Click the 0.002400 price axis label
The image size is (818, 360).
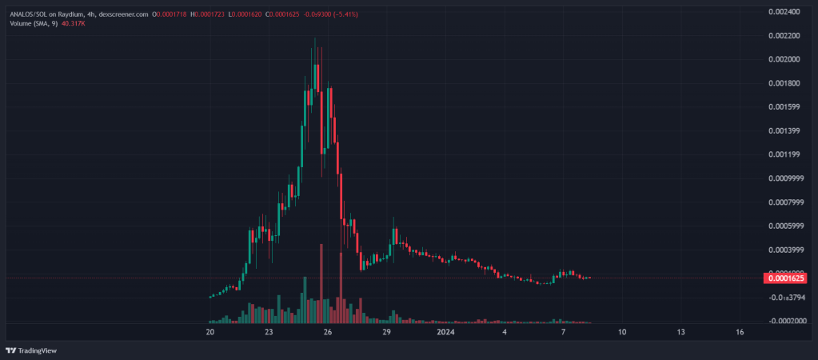tap(784, 11)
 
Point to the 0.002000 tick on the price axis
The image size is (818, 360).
tap(784, 59)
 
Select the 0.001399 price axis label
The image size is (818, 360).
tap(784, 130)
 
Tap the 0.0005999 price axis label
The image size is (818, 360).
tap(784, 226)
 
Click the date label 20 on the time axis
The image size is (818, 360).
tap(210, 331)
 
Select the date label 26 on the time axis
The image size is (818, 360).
tap(328, 331)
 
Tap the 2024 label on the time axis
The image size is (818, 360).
tap(445, 331)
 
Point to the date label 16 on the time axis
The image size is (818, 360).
tap(740, 331)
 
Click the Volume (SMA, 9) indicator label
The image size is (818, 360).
tap(33, 24)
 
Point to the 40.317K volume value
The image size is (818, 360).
tap(73, 24)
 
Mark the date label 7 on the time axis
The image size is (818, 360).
tap(563, 331)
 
